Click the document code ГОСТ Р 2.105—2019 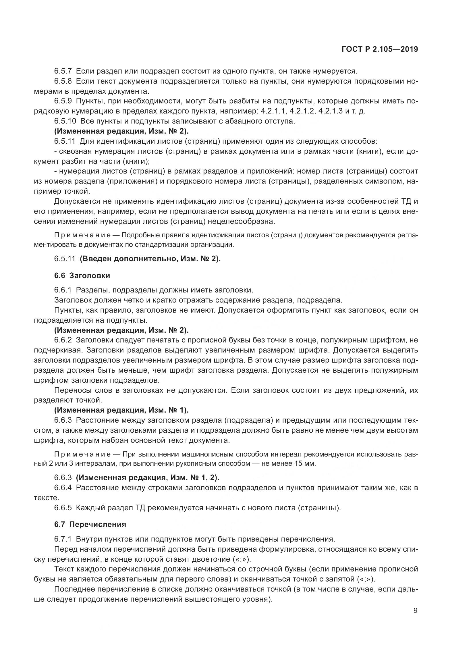(x=380, y=49)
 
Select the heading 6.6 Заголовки (x=82, y=276)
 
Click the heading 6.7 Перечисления (x=90, y=524)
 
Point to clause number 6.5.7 (x=63, y=71)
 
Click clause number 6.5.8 (x=63, y=81)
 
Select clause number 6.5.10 (x=65, y=121)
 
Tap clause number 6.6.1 (x=63, y=290)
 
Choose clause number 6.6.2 (x=63, y=340)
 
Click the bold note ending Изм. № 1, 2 (x=147, y=477)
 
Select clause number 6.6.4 (x=63, y=487)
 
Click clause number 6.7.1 (x=63, y=539)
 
